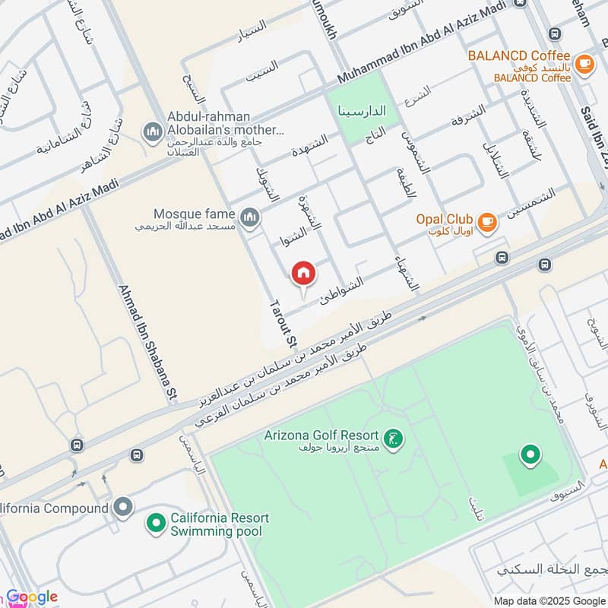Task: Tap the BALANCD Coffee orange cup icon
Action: click(x=584, y=64)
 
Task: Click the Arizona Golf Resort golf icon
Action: click(x=393, y=439)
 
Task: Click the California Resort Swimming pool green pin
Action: click(x=156, y=524)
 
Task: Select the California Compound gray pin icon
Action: click(x=122, y=508)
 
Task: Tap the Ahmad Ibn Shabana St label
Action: click(x=147, y=342)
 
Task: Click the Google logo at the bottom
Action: click(x=32, y=597)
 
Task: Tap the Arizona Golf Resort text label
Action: click(x=323, y=436)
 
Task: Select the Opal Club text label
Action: click(x=445, y=219)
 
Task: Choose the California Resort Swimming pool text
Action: click(x=220, y=524)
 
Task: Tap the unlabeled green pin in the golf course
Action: click(x=530, y=455)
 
